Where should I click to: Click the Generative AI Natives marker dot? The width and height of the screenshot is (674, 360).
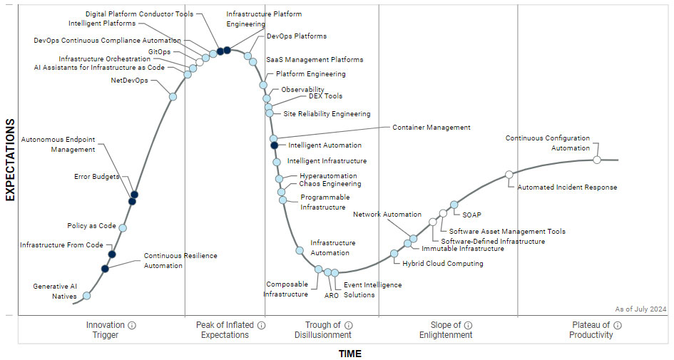tap(87, 296)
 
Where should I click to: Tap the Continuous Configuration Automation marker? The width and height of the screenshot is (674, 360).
tap(597, 159)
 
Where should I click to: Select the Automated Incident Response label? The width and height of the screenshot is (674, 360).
tap(567, 187)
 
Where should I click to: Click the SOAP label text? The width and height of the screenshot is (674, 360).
tap(471, 214)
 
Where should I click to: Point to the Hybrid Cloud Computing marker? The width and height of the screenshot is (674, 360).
tap(394, 253)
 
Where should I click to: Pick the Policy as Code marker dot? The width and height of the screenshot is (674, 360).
tap(123, 228)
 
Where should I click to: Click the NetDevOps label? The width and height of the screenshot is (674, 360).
tap(130, 81)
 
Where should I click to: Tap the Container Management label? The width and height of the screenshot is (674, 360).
tap(431, 128)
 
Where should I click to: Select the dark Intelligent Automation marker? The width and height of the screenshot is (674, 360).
tap(274, 145)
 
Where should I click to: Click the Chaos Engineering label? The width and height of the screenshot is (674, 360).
tap(330, 184)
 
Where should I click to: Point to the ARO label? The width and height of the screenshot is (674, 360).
tap(332, 294)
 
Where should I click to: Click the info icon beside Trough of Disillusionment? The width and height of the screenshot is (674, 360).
tap(349, 325)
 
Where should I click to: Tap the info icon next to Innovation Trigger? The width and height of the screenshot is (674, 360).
tap(132, 325)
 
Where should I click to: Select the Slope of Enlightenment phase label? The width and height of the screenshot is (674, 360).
tap(446, 330)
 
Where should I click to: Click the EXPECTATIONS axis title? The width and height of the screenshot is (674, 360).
tap(10, 160)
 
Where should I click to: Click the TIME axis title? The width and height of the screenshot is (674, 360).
tap(349, 354)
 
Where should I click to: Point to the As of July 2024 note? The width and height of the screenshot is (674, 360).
tap(640, 309)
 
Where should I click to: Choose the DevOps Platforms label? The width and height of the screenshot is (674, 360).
tap(297, 36)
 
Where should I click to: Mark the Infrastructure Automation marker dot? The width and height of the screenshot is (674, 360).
tap(300, 250)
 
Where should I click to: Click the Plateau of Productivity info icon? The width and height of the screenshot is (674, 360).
tap(618, 325)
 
